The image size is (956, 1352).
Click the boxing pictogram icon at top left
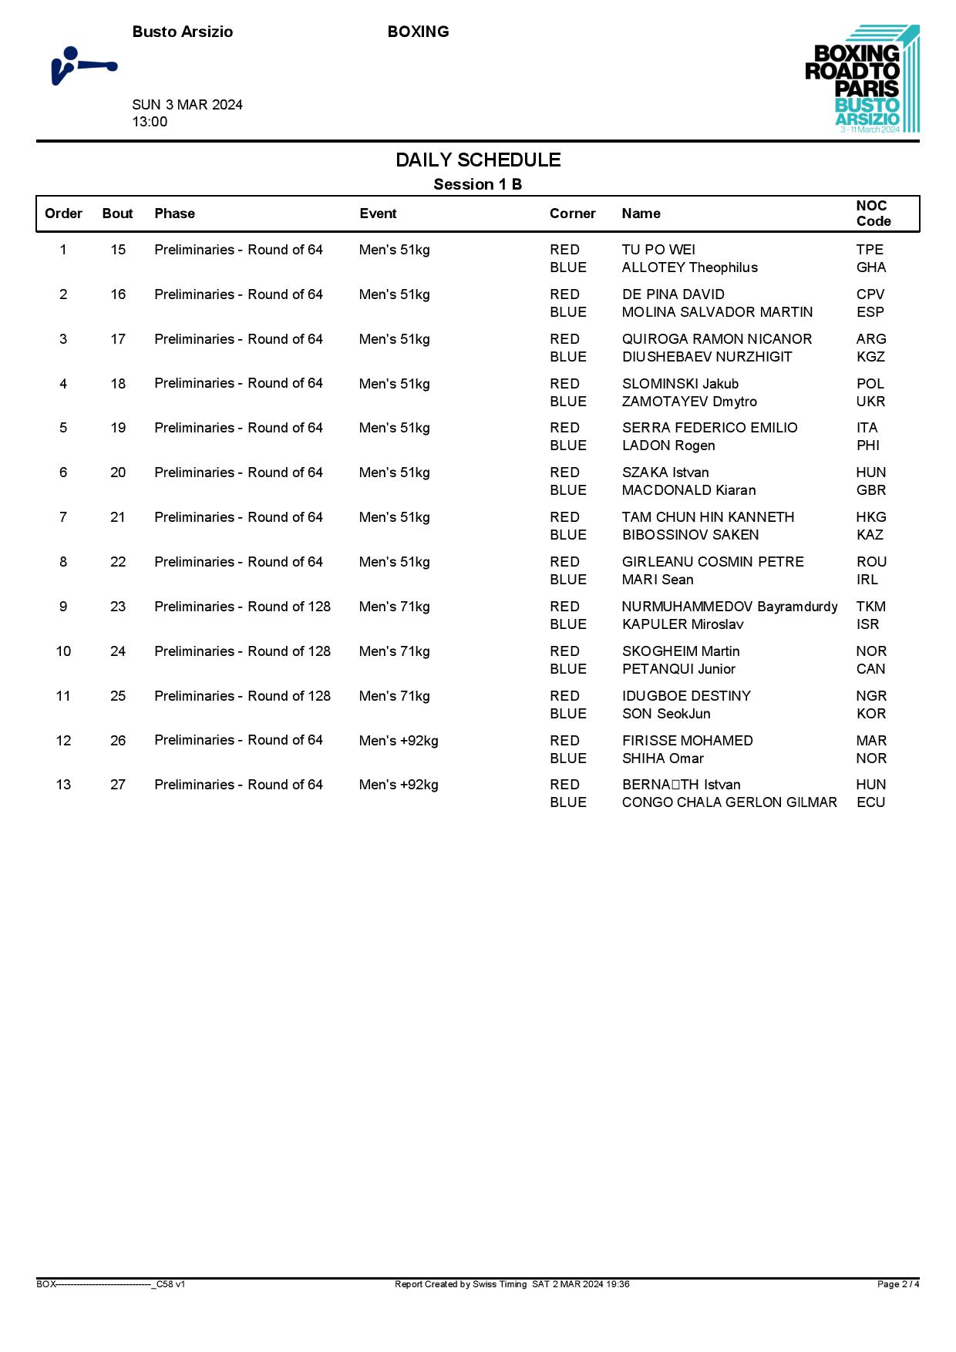click(x=84, y=66)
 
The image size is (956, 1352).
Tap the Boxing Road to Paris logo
click(x=862, y=79)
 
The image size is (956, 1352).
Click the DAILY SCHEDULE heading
click(x=478, y=160)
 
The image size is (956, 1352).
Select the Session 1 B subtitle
click(x=478, y=184)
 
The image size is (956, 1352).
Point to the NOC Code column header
click(x=873, y=214)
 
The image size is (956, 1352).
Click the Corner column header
click(x=572, y=214)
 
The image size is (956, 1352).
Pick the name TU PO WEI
click(x=658, y=250)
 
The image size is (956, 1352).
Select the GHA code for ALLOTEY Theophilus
click(x=871, y=267)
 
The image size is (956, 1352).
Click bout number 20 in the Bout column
click(x=118, y=473)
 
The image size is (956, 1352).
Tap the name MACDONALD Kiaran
click(x=688, y=490)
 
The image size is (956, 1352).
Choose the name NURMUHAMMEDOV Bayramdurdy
click(x=729, y=607)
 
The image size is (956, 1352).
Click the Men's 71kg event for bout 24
click(x=394, y=651)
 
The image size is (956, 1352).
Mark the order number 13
click(x=63, y=785)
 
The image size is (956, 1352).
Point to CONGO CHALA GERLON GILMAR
click(x=729, y=802)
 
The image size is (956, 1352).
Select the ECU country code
click(x=870, y=802)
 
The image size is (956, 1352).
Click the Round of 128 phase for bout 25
click(x=242, y=696)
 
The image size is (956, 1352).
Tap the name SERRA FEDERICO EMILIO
click(x=709, y=428)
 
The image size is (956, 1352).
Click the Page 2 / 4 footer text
click(x=898, y=1284)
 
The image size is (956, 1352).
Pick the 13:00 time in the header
click(x=150, y=122)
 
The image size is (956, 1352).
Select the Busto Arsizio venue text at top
click(x=183, y=32)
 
